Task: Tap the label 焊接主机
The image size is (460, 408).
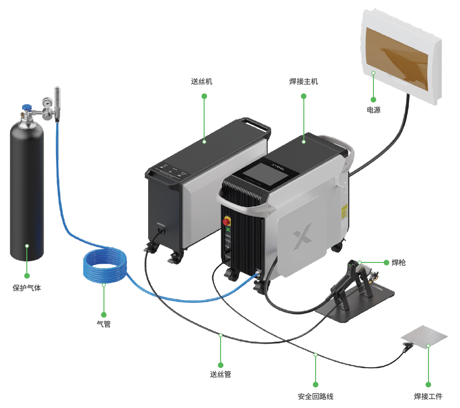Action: tap(303, 81)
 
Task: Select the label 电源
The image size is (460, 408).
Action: tap(373, 111)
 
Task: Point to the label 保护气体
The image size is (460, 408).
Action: tap(27, 288)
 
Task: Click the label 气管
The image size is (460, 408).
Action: tap(103, 324)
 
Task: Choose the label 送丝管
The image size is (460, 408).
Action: tap(220, 375)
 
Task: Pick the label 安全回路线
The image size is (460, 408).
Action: tap(316, 396)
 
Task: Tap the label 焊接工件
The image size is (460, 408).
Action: tap(428, 396)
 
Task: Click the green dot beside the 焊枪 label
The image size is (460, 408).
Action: tap(386, 262)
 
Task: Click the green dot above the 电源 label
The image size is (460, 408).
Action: tap(373, 100)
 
